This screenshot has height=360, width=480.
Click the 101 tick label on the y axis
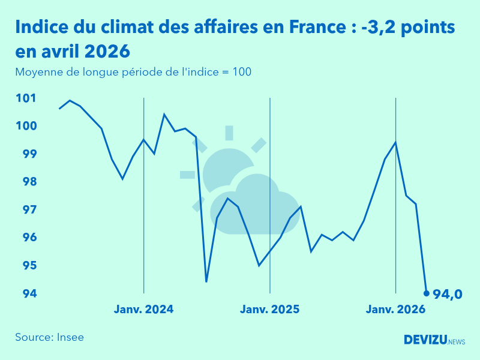[26, 98]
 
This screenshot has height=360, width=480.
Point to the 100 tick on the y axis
[26, 126]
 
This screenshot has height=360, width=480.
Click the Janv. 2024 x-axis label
[143, 310]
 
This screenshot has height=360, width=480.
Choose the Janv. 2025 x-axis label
[269, 310]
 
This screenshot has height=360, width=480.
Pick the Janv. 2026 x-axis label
[395, 310]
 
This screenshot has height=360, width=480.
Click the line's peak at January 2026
[395, 142]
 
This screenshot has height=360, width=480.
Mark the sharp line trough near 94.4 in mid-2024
[206, 281]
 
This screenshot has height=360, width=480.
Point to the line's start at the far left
[59, 109]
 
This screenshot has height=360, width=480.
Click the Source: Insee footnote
[49, 337]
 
